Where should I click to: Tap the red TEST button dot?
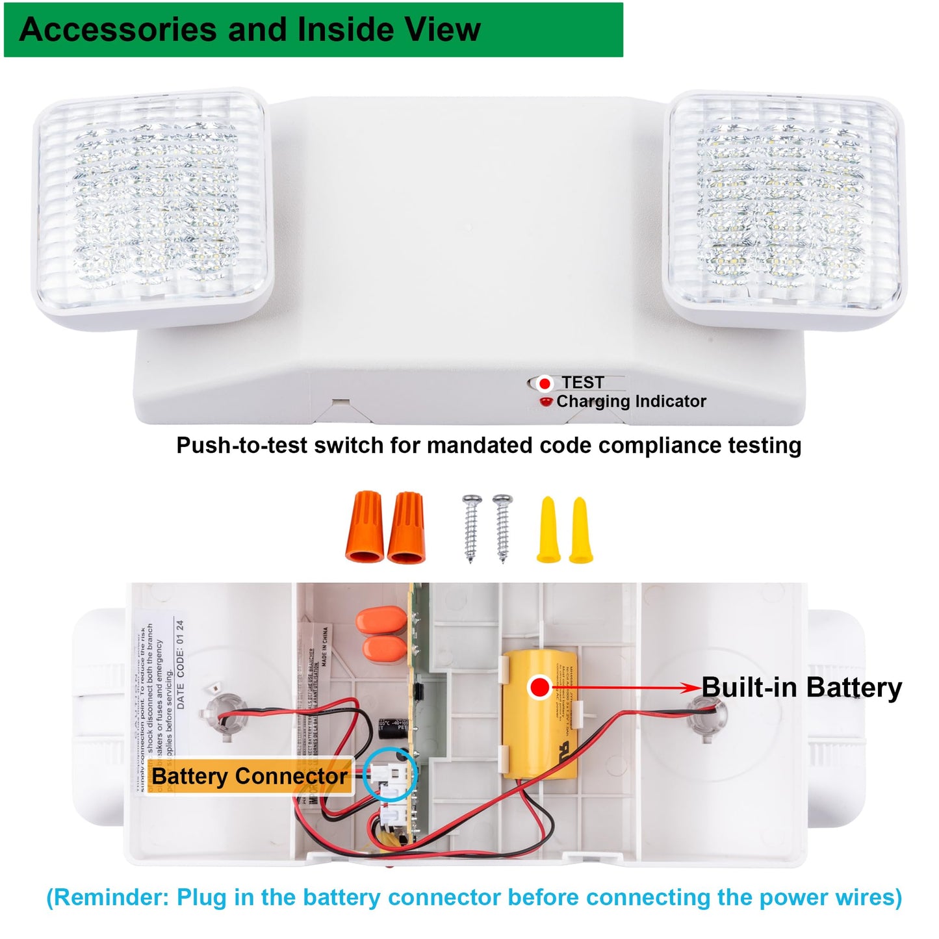coord(545,383)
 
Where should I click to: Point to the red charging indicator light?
coord(546,402)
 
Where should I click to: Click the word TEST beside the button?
coord(583,383)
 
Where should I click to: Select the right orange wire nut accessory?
coord(407,527)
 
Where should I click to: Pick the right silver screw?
coord(502,528)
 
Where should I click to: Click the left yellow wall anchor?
coord(548,530)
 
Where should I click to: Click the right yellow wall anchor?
coord(580,530)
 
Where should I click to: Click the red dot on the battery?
coord(539,688)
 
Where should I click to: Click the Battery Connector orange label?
coord(249,776)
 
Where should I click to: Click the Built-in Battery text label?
coord(801,688)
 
